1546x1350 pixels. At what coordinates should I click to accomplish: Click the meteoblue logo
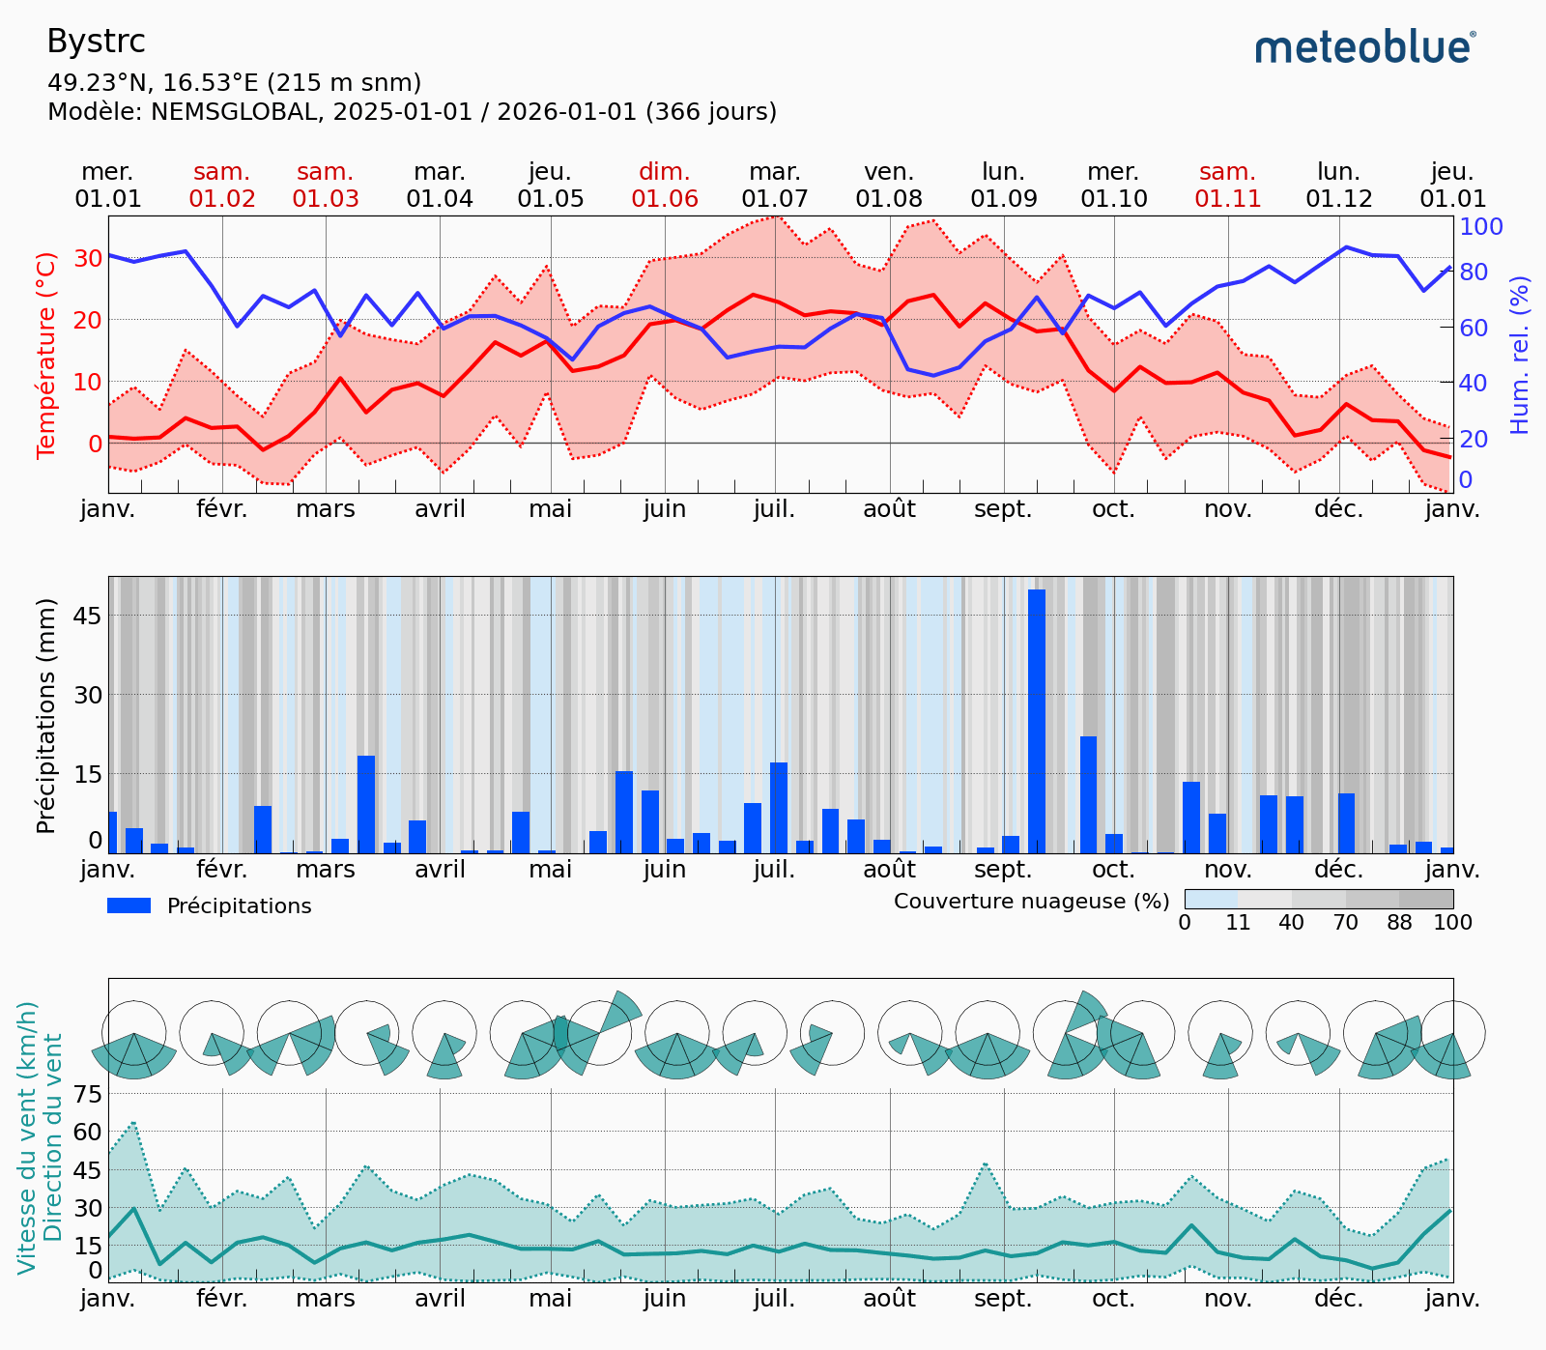1364,46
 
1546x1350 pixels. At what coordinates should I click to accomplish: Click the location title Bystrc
96,42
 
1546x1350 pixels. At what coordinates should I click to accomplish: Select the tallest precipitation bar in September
1037,720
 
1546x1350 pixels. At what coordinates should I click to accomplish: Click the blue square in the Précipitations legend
129,905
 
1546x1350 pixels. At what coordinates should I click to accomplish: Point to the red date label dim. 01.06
665,186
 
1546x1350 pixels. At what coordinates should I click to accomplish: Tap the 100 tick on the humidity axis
1481,226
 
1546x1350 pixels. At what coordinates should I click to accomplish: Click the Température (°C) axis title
46,355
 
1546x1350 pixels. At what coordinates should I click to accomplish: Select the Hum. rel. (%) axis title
1520,355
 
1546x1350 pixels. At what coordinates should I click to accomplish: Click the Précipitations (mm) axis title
45,715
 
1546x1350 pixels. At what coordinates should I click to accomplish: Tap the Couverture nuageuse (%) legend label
1031,902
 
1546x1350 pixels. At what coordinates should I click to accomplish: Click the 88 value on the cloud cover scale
1399,923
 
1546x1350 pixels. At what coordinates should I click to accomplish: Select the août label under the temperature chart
889,509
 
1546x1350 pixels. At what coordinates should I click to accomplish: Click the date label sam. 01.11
1228,186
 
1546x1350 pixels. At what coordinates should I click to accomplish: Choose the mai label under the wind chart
551,1298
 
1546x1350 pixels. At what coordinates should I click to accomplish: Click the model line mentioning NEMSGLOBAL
412,112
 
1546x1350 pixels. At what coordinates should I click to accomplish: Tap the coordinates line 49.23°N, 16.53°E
234,83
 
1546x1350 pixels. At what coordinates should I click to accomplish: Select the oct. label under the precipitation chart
1114,870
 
